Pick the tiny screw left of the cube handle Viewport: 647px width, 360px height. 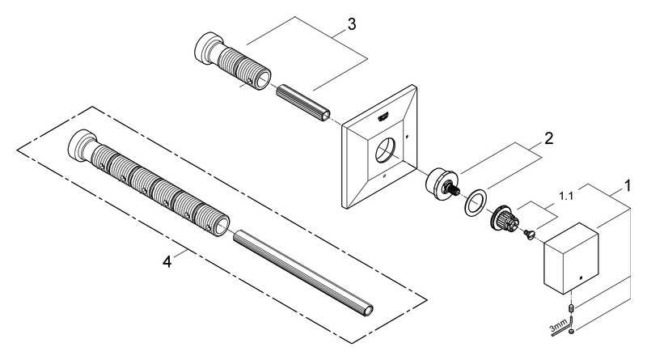(x=528, y=235)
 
